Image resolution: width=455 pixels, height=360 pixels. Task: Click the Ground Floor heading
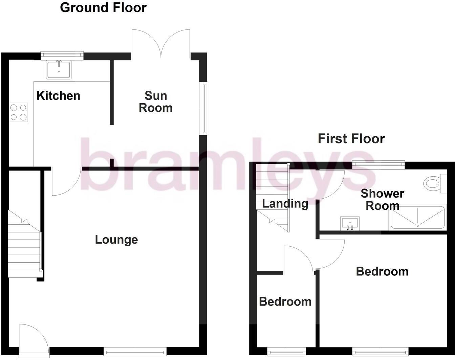pyautogui.click(x=103, y=7)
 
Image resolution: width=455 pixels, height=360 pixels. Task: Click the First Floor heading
pyautogui.click(x=351, y=139)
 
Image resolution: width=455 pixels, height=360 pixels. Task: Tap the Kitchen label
pyautogui.click(x=58, y=96)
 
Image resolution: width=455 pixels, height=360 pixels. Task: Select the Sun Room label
pyautogui.click(x=156, y=102)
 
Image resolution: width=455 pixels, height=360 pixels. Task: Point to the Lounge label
pyautogui.click(x=116, y=240)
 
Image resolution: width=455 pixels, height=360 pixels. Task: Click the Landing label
pyautogui.click(x=285, y=204)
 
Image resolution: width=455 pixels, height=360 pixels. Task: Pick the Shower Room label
pyautogui.click(x=382, y=200)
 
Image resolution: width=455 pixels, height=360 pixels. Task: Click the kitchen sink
pyautogui.click(x=59, y=69)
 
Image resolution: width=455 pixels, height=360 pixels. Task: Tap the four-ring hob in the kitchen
pyautogui.click(x=19, y=112)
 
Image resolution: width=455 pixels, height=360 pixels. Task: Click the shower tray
pyautogui.click(x=417, y=217)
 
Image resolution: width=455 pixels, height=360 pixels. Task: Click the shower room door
pyautogui.click(x=330, y=184)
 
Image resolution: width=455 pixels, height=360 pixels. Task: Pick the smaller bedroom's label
pyautogui.click(x=285, y=301)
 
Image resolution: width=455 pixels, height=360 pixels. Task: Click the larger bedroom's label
pyautogui.click(x=382, y=271)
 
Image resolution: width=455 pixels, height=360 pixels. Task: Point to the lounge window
pyautogui.click(x=135, y=351)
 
